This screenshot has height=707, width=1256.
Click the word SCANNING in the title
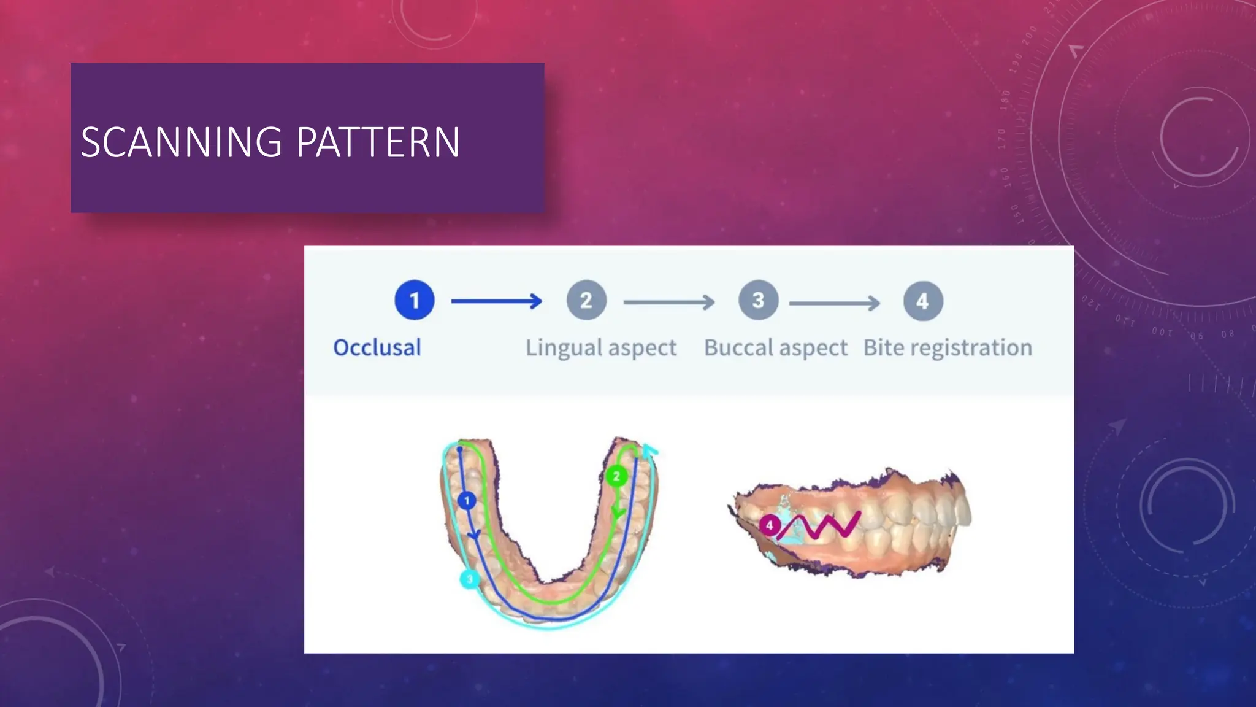[182, 142]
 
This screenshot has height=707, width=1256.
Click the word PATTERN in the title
[378, 142]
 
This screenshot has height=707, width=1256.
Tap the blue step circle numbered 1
[415, 300]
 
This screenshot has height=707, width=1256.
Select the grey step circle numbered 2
[586, 300]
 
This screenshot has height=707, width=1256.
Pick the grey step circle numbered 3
[759, 300]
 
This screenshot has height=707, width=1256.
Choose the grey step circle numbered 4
[923, 301]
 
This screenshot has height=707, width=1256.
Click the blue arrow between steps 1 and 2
[496, 301]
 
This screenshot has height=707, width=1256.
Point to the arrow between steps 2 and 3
[668, 302]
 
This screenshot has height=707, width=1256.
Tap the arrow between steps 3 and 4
[834, 303]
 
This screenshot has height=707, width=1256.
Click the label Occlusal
[377, 347]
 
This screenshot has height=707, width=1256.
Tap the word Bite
[884, 348]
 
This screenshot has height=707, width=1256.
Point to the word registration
[971, 348]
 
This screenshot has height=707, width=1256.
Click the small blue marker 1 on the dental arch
[467, 501]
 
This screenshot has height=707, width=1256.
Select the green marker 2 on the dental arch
[616, 476]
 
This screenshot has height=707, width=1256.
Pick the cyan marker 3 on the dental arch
[470, 579]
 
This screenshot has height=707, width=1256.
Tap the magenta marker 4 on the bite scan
[769, 525]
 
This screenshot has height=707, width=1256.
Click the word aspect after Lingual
[643, 348]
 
